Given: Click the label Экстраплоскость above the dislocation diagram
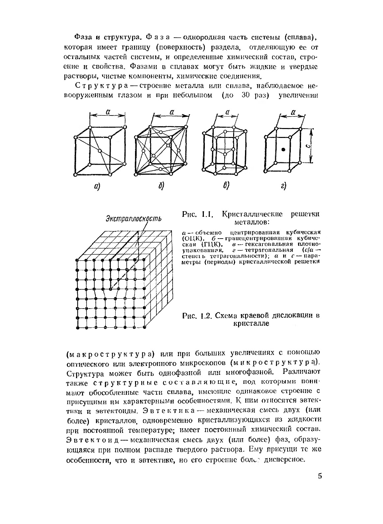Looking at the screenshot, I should [x=133, y=218].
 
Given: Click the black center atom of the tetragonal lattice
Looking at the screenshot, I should [x=283, y=149].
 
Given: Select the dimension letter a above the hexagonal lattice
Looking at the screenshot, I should [x=227, y=112].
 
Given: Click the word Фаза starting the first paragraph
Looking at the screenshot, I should [x=82, y=36].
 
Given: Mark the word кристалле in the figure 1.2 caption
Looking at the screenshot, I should [x=251, y=324].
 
